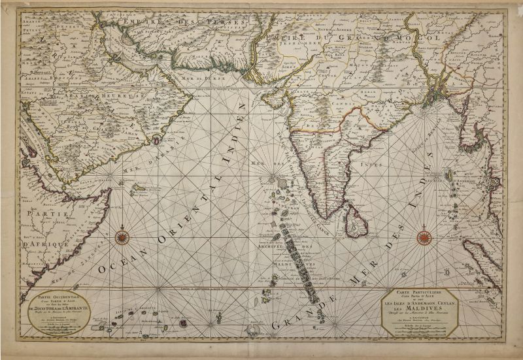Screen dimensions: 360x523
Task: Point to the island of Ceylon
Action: pos(356,218)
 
